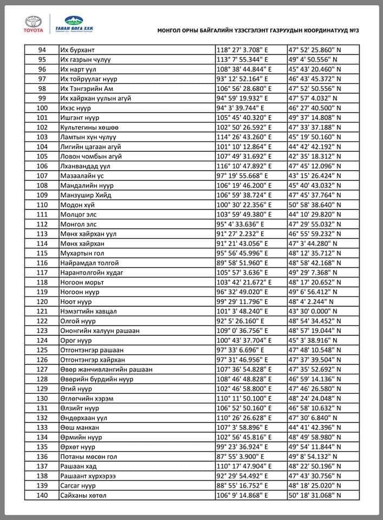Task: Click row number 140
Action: pos(42,495)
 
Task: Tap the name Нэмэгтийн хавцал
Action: pos(89,311)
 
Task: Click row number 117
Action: pos(42,272)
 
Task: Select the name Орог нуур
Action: pos(78,340)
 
